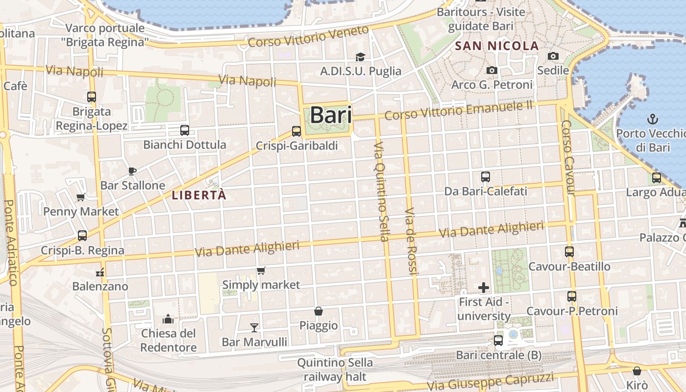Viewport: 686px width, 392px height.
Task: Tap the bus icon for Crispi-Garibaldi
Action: pos(296,131)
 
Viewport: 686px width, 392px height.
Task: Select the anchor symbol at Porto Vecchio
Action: pos(652,119)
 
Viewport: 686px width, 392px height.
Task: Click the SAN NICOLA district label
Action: pos(497,46)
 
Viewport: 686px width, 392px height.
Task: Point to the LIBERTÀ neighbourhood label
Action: pos(199,195)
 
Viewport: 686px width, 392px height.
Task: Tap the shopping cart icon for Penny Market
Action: pos(81,197)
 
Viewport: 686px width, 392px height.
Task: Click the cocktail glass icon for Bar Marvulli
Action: pos(254,327)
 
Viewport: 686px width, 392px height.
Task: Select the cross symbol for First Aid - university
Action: pos(484,287)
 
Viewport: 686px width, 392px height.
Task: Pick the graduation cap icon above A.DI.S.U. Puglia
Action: pos(360,57)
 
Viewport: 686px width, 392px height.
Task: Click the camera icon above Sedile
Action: pos(553,56)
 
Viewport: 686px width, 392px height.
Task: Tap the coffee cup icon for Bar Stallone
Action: pos(132,171)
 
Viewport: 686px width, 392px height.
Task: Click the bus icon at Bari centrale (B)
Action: pos(498,340)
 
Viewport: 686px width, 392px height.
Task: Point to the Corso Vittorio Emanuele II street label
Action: pos(458,110)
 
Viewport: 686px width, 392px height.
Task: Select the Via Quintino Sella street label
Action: pos(381,192)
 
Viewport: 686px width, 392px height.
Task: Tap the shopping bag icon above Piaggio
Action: pos(318,311)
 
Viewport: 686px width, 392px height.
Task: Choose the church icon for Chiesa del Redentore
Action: pos(168,319)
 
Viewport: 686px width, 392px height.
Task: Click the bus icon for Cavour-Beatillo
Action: pos(569,252)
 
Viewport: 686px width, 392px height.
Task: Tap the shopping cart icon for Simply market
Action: pos(261,270)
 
